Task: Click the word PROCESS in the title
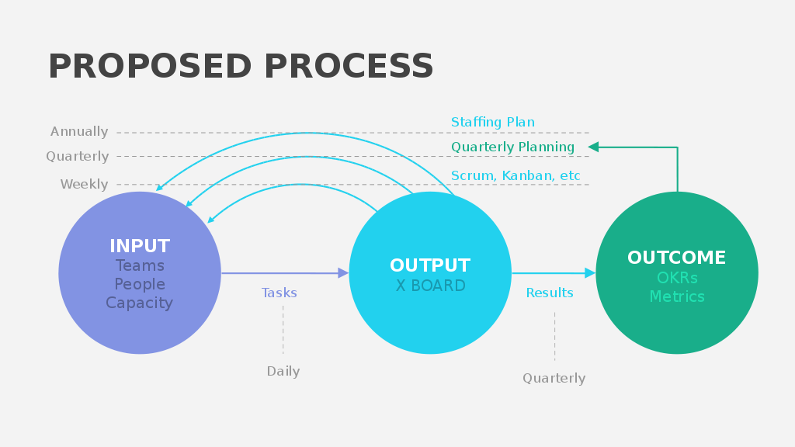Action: pos(349,67)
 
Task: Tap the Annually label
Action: pos(79,132)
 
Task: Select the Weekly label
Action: pos(84,185)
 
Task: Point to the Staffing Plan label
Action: pos(492,123)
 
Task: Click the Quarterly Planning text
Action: pos(512,147)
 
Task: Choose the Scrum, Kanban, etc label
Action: pos(516,176)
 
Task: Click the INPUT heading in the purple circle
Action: pos(140,246)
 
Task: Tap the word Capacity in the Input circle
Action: pos(140,303)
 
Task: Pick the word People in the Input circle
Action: pos(140,285)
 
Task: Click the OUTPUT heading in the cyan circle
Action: pos(430,266)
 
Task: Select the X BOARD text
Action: pos(430,286)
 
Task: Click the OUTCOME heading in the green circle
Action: pos(677,258)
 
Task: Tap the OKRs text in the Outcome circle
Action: pos(677,278)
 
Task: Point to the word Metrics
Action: pos(677,297)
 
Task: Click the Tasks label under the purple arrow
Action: pos(279,293)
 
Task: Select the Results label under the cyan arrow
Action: pos(550,293)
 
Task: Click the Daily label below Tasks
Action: pos(283,372)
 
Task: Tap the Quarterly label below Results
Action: pos(554,379)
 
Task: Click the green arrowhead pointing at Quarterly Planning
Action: pos(593,147)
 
